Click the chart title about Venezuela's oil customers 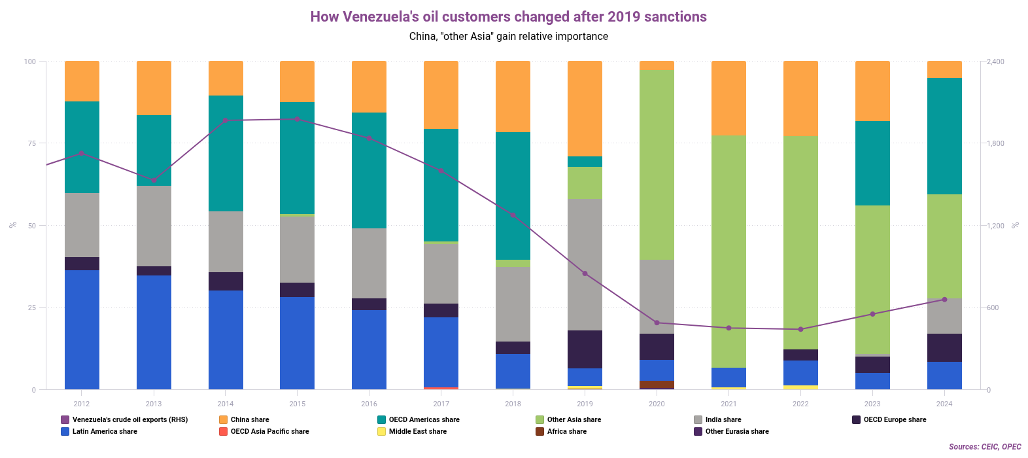pyautogui.click(x=508, y=17)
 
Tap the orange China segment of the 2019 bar pyautogui.click(x=585, y=109)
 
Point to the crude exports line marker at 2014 pyautogui.click(x=225, y=120)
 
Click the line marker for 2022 pyautogui.click(x=800, y=329)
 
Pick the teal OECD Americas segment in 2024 pyautogui.click(x=944, y=136)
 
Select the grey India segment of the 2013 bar pyautogui.click(x=154, y=226)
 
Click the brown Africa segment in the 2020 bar pyautogui.click(x=657, y=384)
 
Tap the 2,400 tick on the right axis pyautogui.click(x=995, y=62)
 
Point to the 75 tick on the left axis pyautogui.click(x=30, y=143)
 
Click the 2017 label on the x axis pyautogui.click(x=441, y=404)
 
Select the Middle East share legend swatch pyautogui.click(x=381, y=431)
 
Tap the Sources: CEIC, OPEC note pyautogui.click(x=984, y=447)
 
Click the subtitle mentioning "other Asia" pyautogui.click(x=508, y=37)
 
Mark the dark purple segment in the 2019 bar pyautogui.click(x=585, y=349)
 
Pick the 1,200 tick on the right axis pyautogui.click(x=995, y=226)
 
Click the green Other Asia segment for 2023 pyautogui.click(x=872, y=279)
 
